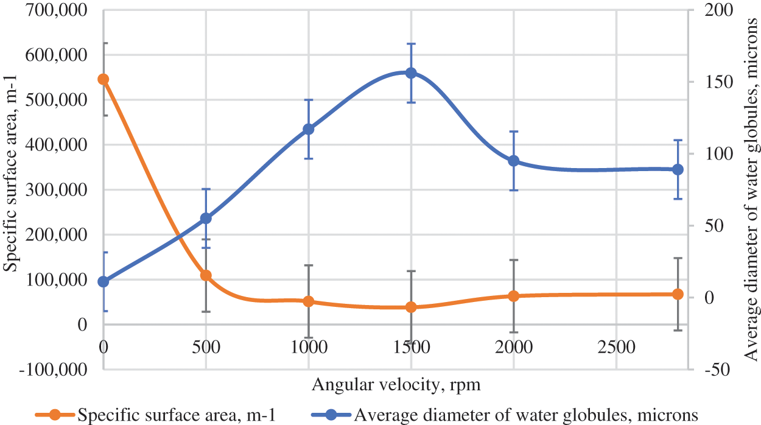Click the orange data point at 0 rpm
point(103,79)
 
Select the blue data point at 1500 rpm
point(411,73)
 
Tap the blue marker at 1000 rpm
point(308,129)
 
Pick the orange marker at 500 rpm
point(206,275)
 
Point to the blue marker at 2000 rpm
point(514,161)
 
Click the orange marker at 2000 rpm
point(514,296)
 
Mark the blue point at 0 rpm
point(103,281)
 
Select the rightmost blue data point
point(678,169)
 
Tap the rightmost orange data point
point(678,294)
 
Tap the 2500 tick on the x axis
point(615,347)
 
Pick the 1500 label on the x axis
point(411,347)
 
